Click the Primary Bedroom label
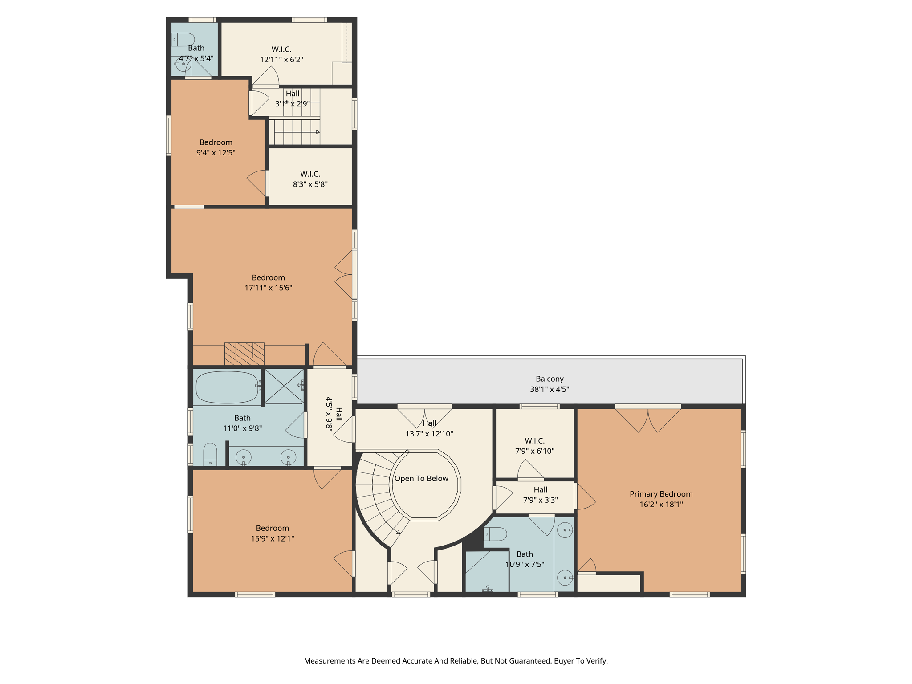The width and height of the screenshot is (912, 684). click(x=661, y=494)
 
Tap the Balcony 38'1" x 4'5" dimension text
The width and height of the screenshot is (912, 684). click(x=549, y=389)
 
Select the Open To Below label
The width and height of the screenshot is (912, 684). click(x=421, y=478)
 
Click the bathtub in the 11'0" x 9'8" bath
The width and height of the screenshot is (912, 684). click(x=227, y=387)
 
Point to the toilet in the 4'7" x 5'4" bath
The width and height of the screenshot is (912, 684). click(x=183, y=40)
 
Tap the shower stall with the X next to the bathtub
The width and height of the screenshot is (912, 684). click(x=284, y=386)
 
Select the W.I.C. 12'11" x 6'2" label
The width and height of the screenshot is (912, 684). click(x=281, y=54)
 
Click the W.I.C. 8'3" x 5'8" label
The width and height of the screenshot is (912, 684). click(x=310, y=179)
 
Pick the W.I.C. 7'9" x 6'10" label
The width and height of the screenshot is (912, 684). click(x=534, y=446)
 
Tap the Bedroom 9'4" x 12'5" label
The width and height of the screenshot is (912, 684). click(x=216, y=147)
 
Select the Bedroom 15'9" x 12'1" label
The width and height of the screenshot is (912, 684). click(x=272, y=533)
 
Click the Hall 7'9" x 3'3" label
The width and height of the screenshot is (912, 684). click(x=540, y=495)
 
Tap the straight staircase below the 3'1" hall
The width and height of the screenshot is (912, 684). click(x=296, y=132)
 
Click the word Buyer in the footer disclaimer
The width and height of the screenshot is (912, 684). click(x=563, y=661)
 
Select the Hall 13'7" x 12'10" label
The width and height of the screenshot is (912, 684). click(x=429, y=428)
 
